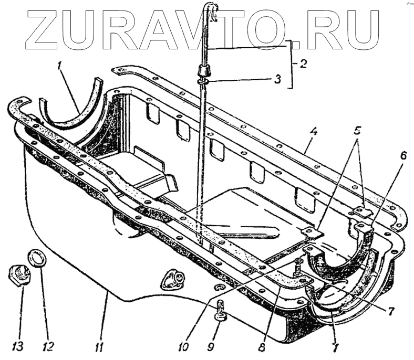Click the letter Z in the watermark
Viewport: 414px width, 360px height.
(x=50, y=29)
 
